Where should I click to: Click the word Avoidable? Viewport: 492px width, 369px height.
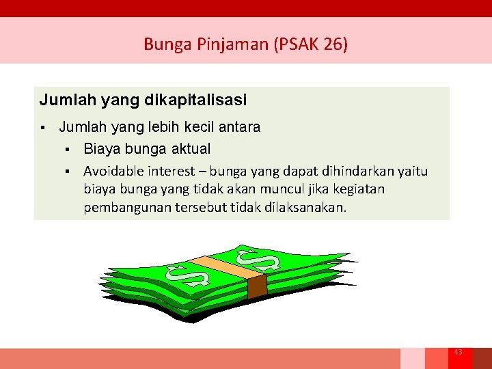(113, 172)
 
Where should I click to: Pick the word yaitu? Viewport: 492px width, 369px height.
(412, 172)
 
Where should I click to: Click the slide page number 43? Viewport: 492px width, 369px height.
(458, 352)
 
